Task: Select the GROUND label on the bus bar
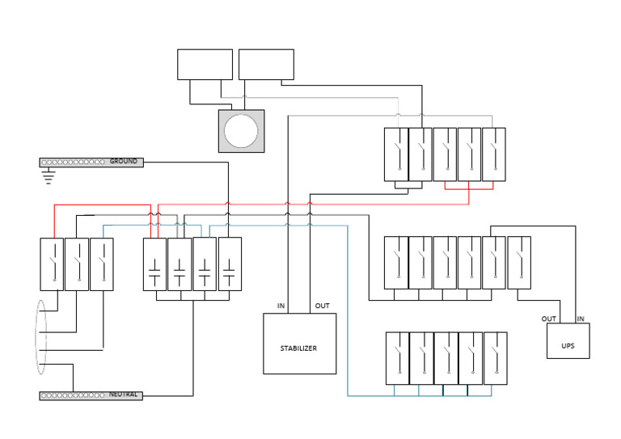[124, 162]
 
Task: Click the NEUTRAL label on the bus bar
[124, 395]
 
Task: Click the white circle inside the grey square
[241, 131]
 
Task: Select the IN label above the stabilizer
[281, 306]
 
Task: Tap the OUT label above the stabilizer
[322, 306]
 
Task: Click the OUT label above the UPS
[548, 319]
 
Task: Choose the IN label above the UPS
[581, 319]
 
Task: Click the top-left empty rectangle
[205, 64]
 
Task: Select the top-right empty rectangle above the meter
[266, 64]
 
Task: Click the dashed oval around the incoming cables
[41, 337]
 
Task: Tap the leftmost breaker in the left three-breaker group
[53, 264]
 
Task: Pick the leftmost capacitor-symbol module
[154, 264]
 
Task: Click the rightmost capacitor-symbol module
[230, 264]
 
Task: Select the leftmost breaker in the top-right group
[396, 154]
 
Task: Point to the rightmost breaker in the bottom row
[495, 357]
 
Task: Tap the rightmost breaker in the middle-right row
[519, 262]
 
